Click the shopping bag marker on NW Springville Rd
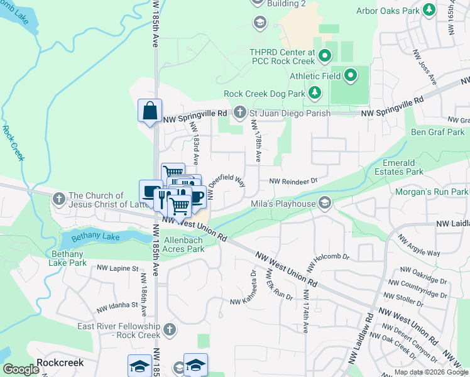click(x=150, y=111)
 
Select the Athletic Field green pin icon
click(x=351, y=76)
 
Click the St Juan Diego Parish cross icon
click(x=239, y=112)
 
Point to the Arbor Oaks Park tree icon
click(x=429, y=10)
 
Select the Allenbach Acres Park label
click(x=184, y=244)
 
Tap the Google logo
click(x=21, y=369)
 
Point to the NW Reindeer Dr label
click(x=294, y=181)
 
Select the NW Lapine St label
click(x=117, y=268)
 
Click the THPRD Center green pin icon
click(x=324, y=57)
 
